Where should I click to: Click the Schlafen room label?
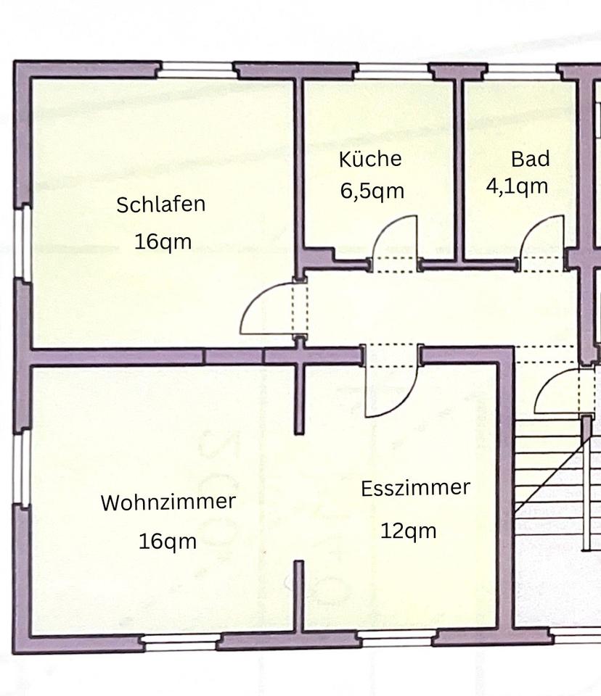[160, 204]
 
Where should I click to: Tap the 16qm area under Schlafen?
[163, 241]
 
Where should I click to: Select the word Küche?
[370, 159]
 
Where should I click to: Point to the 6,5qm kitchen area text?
[372, 191]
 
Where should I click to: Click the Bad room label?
[530, 159]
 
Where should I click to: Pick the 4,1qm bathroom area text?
[517, 186]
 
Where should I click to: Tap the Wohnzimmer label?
[168, 502]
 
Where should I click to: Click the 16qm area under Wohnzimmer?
[168, 541]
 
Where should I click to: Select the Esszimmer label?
[415, 488]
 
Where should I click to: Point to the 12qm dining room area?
[409, 531]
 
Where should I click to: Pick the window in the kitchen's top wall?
[392, 70]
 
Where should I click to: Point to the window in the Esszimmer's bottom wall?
[396, 639]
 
